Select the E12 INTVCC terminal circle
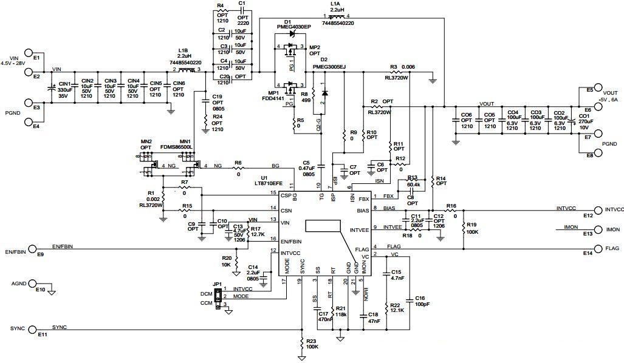tap(597, 209)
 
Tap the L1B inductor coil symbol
tap(184, 70)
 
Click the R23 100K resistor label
tap(312, 344)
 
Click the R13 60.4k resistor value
tap(414, 183)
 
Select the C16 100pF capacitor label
tap(419, 302)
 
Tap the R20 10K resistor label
tap(226, 261)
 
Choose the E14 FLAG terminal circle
tap(597, 248)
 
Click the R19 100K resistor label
tap(472, 228)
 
